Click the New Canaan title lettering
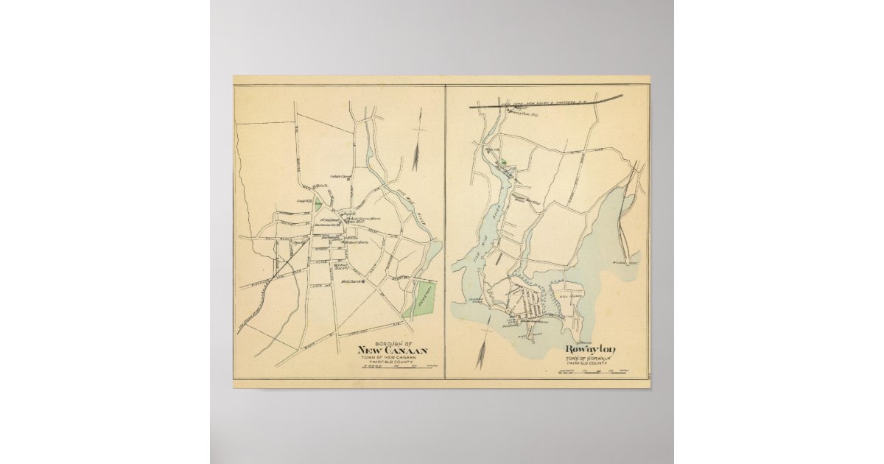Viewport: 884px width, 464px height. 391,350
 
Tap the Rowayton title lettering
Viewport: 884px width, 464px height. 591,349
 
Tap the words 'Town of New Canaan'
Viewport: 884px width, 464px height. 391,357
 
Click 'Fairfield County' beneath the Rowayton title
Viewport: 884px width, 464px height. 591,362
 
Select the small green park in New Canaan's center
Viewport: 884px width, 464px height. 319,208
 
